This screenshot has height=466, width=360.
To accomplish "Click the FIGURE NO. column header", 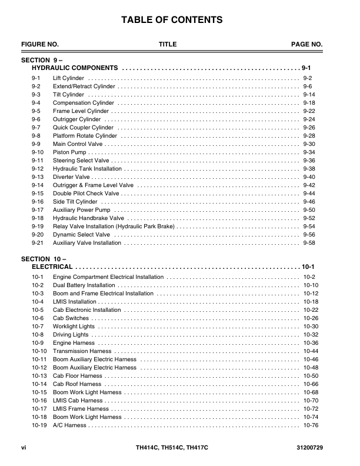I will pyautogui.click(x=40, y=45).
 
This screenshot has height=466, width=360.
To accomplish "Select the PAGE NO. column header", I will pyautogui.click(x=307, y=45).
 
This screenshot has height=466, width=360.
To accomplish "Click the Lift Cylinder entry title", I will pyautogui.click(x=68, y=78).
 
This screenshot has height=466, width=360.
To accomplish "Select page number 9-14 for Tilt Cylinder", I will pyautogui.click(x=309, y=95).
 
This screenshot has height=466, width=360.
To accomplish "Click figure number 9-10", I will pyautogui.click(x=37, y=152).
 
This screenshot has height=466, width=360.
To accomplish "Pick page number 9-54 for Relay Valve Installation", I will pyautogui.click(x=309, y=227).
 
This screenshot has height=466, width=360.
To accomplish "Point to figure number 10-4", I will pyautogui.click(x=38, y=302).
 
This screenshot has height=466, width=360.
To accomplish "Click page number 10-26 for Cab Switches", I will pyautogui.click(x=311, y=318).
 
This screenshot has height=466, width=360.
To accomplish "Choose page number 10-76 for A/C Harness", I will pyautogui.click(x=311, y=425).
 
